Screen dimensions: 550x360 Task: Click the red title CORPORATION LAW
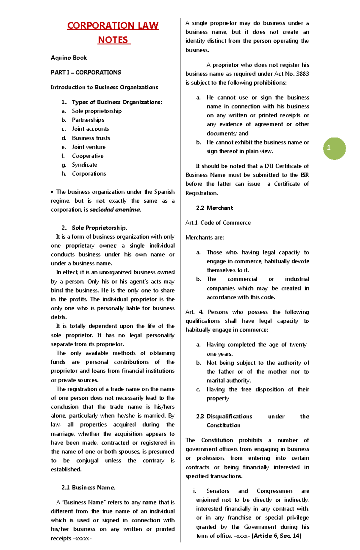point(112,25)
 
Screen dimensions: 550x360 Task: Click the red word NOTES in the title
point(113,40)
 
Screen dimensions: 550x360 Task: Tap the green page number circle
point(334,148)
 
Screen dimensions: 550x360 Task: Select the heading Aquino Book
point(69,58)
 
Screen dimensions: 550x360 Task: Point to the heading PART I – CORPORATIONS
point(86,72)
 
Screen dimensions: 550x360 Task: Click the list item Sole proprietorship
point(97,111)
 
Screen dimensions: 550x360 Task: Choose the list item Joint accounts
point(90,129)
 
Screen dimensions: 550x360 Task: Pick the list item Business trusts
point(91,138)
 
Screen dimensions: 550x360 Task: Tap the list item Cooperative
point(88,156)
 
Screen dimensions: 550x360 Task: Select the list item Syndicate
point(84,165)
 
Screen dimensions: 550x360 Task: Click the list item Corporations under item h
point(89,174)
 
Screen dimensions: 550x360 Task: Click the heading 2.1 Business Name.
point(88,487)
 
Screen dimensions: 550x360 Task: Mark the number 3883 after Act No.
point(302,74)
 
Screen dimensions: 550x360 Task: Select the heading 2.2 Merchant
point(214,208)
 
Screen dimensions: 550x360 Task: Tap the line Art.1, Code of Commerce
point(218,223)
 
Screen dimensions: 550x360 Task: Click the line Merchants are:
point(205,238)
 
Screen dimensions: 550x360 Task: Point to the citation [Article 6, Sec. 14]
point(276,536)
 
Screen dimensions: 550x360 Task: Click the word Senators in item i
point(218,491)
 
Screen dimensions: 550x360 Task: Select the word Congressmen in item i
point(274,491)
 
